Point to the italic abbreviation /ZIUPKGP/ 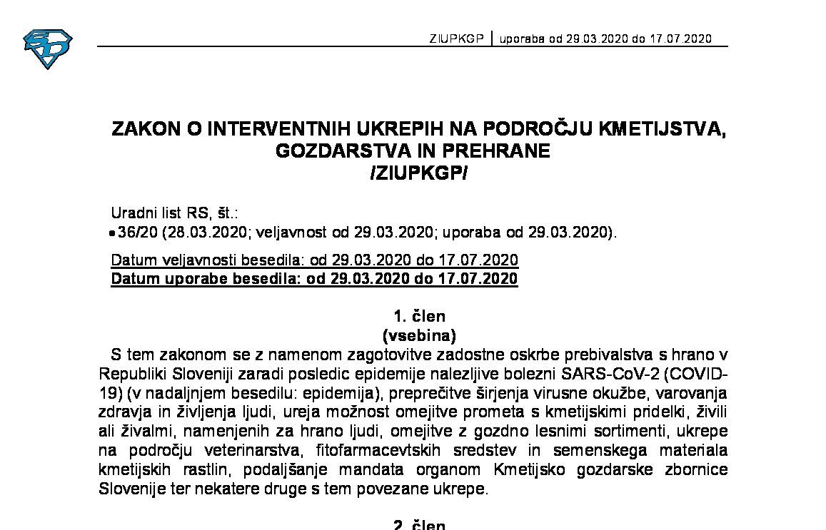pos(418,173)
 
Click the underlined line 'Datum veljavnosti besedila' pos(314,260)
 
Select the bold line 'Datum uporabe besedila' pos(314,278)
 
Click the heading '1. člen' pos(419,316)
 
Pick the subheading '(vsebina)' pos(419,335)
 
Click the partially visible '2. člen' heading pos(419,525)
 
